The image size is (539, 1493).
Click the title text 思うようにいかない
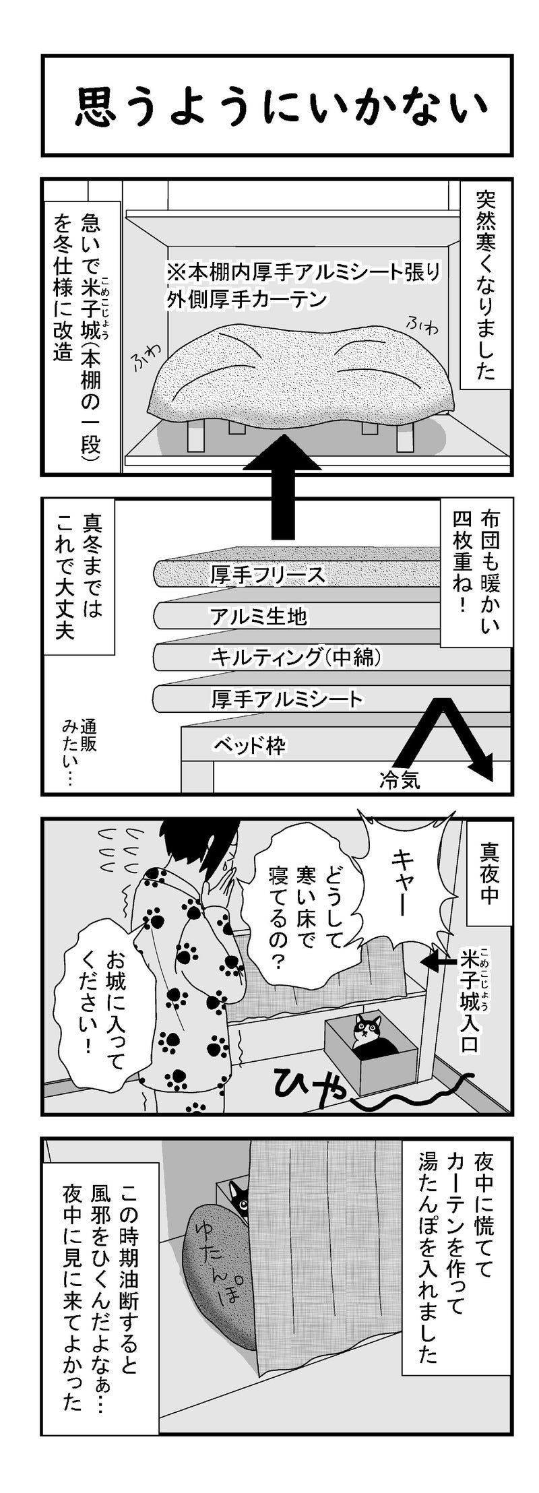click(x=278, y=107)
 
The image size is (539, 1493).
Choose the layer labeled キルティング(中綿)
click(x=297, y=657)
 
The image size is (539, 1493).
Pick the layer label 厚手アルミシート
click(x=286, y=698)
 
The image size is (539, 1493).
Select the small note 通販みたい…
click(x=79, y=753)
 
